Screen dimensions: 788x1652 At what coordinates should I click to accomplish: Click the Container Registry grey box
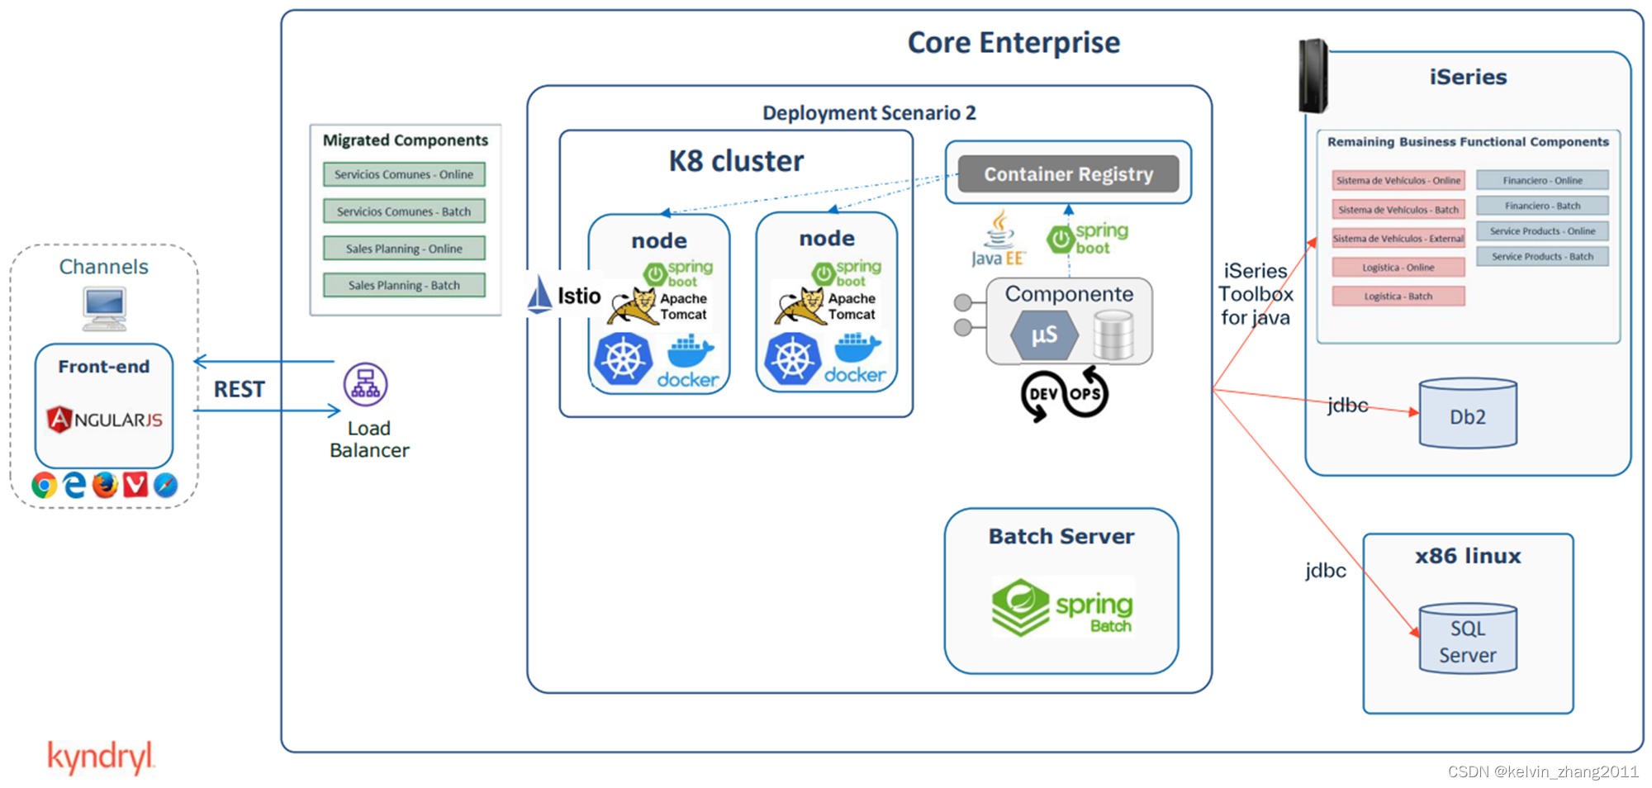1068,174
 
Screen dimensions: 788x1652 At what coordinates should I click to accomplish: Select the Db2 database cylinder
1468,414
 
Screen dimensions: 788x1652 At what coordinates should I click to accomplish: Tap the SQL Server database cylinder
1468,638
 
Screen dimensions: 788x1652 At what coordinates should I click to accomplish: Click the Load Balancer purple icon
365,385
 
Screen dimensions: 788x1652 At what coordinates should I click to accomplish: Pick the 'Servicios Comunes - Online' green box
404,174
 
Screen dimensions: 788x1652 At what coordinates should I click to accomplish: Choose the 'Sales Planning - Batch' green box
404,285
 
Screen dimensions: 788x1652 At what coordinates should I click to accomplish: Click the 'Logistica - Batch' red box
1398,296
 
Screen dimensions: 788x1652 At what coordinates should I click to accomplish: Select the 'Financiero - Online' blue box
1542,180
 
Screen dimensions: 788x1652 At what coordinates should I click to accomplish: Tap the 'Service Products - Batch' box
1542,257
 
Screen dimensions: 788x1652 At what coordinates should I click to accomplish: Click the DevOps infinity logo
1064,394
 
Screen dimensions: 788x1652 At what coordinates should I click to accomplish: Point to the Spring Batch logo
1061,608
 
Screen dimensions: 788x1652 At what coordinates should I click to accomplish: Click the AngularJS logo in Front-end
104,420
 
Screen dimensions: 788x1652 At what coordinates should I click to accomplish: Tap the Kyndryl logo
101,757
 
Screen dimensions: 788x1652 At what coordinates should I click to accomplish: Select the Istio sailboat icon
539,295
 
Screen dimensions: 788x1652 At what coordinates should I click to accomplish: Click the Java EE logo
999,239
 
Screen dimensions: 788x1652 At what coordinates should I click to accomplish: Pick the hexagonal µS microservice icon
1044,335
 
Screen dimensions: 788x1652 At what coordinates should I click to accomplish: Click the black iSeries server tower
1313,76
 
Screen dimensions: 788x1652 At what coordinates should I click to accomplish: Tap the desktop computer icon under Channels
105,308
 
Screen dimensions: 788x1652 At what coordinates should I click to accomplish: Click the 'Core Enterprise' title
1014,42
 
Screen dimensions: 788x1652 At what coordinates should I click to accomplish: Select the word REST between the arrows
240,389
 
